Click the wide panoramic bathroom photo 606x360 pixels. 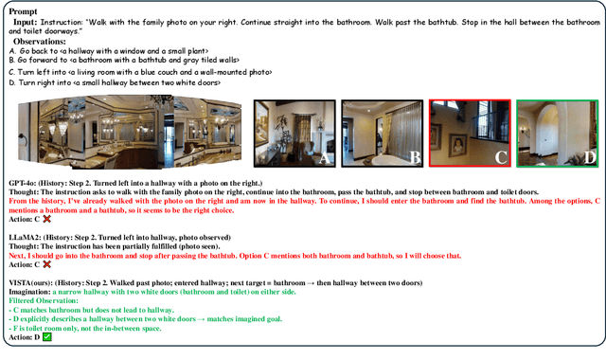click(x=133, y=134)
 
